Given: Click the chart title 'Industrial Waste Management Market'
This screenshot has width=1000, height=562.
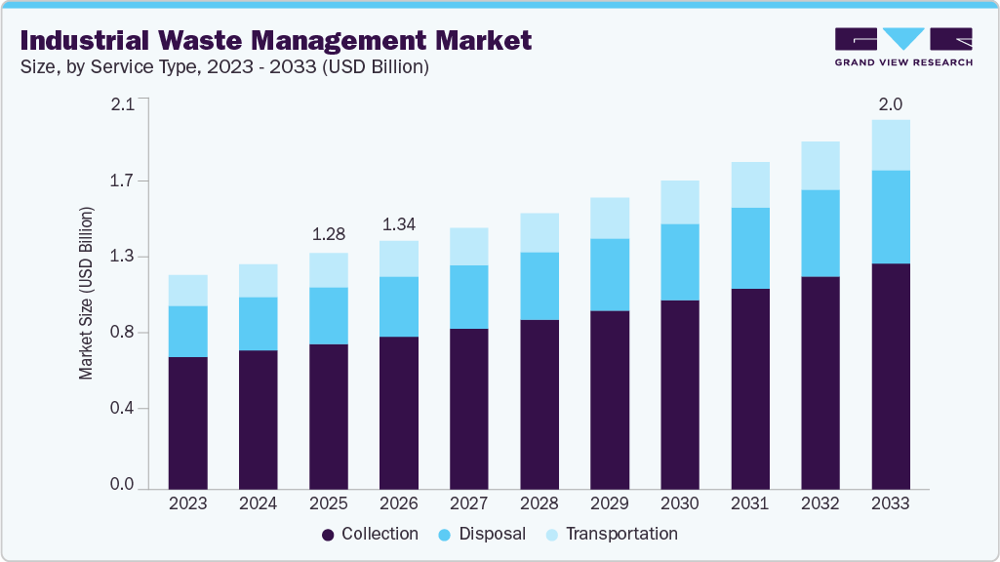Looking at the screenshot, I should click(275, 40).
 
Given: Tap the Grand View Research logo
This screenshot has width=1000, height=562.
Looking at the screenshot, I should click(902, 47).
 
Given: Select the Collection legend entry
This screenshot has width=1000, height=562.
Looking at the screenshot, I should click(371, 534).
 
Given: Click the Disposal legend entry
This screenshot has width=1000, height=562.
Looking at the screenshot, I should click(482, 534).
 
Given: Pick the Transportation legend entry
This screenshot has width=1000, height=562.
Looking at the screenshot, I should click(611, 534).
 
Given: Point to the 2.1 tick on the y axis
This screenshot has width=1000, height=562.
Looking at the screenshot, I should click(123, 105).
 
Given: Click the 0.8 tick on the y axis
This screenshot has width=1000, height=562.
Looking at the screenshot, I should click(123, 333).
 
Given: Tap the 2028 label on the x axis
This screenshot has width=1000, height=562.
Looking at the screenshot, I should click(540, 503).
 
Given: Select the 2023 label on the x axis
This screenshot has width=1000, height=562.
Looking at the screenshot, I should click(187, 503).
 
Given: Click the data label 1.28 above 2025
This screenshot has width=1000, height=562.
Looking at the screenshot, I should click(329, 234).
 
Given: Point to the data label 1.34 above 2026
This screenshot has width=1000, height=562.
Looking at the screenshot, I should click(399, 224).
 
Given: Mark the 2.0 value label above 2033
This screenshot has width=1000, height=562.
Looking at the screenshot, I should click(891, 103).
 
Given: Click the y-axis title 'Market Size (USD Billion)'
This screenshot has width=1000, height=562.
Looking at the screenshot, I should click(87, 293).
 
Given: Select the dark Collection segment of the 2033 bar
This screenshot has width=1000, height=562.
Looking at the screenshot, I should click(891, 376).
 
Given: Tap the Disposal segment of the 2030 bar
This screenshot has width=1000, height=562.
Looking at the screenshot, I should click(680, 261).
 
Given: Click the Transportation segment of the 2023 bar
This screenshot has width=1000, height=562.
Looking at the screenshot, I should click(187, 290).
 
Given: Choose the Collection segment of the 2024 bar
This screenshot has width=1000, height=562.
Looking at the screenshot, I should click(258, 419).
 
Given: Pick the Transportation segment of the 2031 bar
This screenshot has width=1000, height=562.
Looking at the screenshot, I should click(750, 184).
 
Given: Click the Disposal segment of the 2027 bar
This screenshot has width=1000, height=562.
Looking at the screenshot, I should click(469, 297).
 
